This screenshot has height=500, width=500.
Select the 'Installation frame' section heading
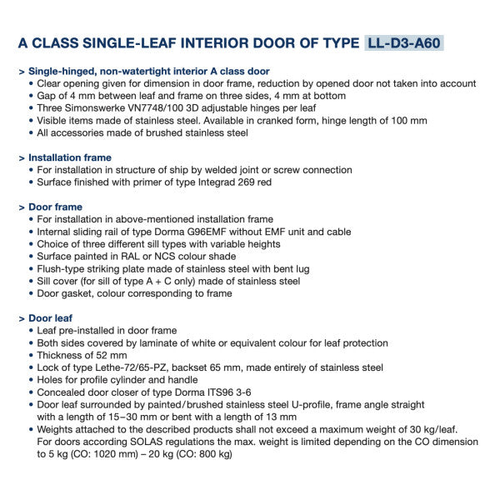coord(70,157)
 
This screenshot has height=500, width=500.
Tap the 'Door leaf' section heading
coord(51,318)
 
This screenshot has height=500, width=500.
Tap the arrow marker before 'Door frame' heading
coord(21,207)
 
